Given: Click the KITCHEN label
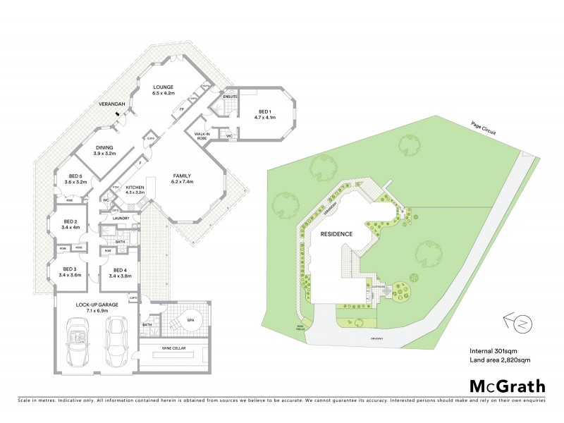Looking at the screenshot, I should pyautogui.click(x=134, y=187).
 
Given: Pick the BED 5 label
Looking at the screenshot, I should pyautogui.click(x=75, y=177).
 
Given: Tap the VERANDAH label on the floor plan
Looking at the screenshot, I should pyautogui.click(x=111, y=105).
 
